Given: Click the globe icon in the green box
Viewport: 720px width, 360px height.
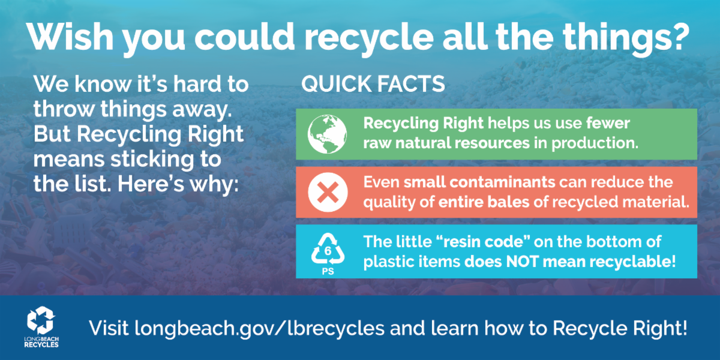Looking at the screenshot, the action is click(327, 134).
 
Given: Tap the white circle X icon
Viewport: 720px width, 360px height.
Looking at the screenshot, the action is click(328, 192).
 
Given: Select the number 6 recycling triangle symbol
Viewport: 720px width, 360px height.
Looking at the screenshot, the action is click(328, 249).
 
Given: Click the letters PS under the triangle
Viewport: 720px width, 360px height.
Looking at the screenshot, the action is click(328, 272).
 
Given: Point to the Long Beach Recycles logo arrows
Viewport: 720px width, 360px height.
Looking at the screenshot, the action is click(41, 320).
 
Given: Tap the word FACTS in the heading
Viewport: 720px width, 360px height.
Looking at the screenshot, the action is click(411, 84).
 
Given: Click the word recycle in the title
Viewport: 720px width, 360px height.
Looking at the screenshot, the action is click(369, 39).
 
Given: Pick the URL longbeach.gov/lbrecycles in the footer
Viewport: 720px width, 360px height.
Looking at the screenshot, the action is click(259, 329).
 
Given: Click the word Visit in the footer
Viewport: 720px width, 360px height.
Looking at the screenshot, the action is click(109, 328).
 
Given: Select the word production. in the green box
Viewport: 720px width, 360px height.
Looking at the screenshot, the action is click(595, 143).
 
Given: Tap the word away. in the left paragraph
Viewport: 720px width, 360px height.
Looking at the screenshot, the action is click(202, 110).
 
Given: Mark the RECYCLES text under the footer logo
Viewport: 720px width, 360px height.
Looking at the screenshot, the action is click(41, 345).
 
